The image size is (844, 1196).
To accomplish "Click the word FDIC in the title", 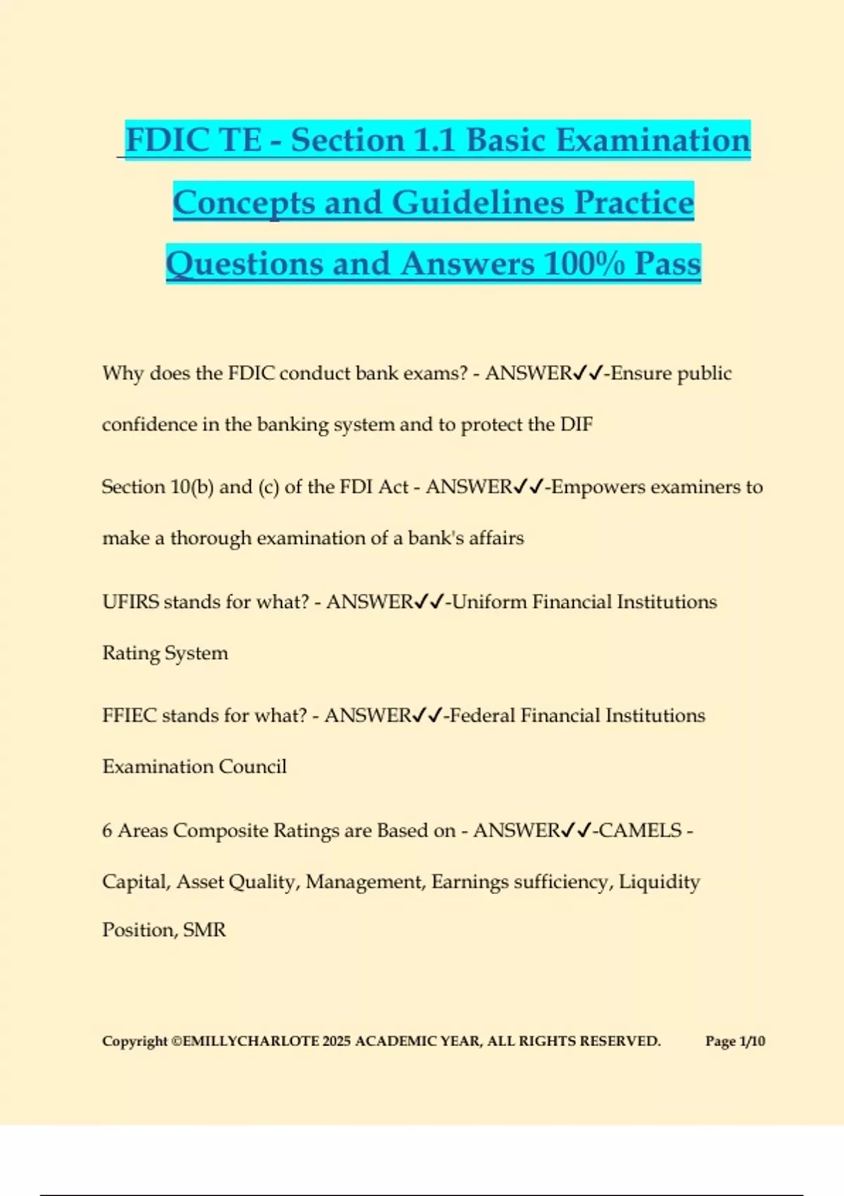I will (x=167, y=139).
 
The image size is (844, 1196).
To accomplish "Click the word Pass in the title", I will (x=667, y=264).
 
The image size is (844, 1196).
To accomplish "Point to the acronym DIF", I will (x=576, y=424).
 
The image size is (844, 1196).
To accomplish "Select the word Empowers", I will (x=598, y=487).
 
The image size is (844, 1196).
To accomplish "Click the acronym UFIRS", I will (x=131, y=602).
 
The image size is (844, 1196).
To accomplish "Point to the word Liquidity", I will (x=659, y=882).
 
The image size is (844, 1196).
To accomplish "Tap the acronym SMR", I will (x=205, y=930).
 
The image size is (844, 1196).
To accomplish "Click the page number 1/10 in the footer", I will (x=752, y=1041).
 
